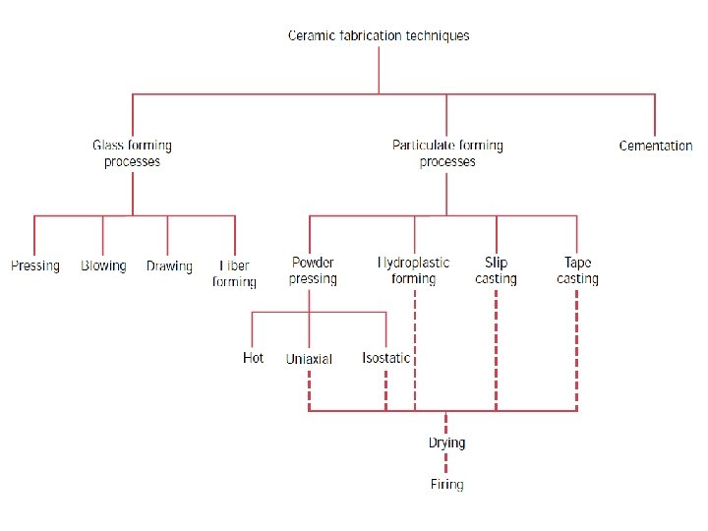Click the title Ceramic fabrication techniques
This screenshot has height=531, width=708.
[x=379, y=36]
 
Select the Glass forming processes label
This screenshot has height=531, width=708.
[x=132, y=153]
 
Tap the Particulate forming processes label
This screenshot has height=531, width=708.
[x=447, y=153]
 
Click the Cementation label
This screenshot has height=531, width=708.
[x=656, y=146]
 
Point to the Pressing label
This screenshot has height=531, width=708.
[x=35, y=265]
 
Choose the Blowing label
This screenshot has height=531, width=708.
[x=103, y=265]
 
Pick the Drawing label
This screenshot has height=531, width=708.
[x=169, y=265]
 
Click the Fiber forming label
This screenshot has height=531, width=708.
[x=234, y=273]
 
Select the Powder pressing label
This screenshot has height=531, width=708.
[x=313, y=270]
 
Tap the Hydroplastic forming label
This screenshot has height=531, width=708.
[x=414, y=270]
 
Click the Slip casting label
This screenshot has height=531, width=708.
[x=496, y=270]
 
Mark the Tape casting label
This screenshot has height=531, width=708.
[x=577, y=270]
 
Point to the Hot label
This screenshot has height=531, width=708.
[x=253, y=358]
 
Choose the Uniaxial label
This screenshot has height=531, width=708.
[x=309, y=359]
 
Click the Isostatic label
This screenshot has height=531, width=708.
[x=385, y=358]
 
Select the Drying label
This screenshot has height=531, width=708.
[x=446, y=442]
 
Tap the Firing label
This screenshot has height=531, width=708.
[x=446, y=484]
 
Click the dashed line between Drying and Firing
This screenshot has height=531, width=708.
[x=446, y=463]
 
